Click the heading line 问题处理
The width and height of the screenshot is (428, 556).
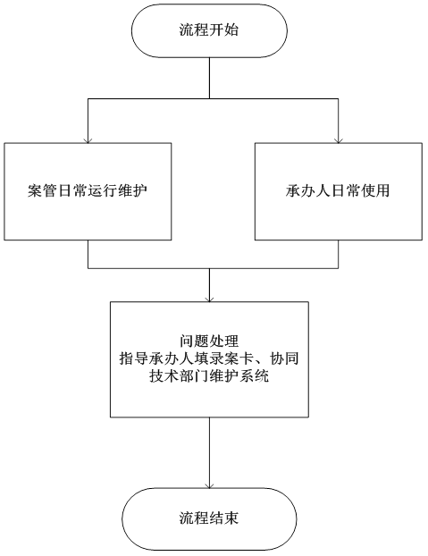209,341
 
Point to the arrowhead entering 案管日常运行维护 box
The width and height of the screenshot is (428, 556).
88,140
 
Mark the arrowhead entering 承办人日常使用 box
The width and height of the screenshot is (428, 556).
339,140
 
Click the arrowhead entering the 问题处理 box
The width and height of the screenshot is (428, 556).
209,299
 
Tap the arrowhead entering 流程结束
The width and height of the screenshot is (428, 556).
209,485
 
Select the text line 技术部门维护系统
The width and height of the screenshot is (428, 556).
209,376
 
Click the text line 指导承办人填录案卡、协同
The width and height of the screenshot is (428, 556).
209,358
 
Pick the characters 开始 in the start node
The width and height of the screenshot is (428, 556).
224,29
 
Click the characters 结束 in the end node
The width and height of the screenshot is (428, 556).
224,518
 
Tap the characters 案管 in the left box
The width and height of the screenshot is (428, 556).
43,190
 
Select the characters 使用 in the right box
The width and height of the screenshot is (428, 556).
375,190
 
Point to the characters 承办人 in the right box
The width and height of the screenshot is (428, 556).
308,190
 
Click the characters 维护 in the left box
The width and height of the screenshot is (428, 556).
133,190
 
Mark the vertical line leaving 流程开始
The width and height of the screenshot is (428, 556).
209,78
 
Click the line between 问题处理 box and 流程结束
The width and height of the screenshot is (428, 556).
209,452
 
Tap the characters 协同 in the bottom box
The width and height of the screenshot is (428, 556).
284,358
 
